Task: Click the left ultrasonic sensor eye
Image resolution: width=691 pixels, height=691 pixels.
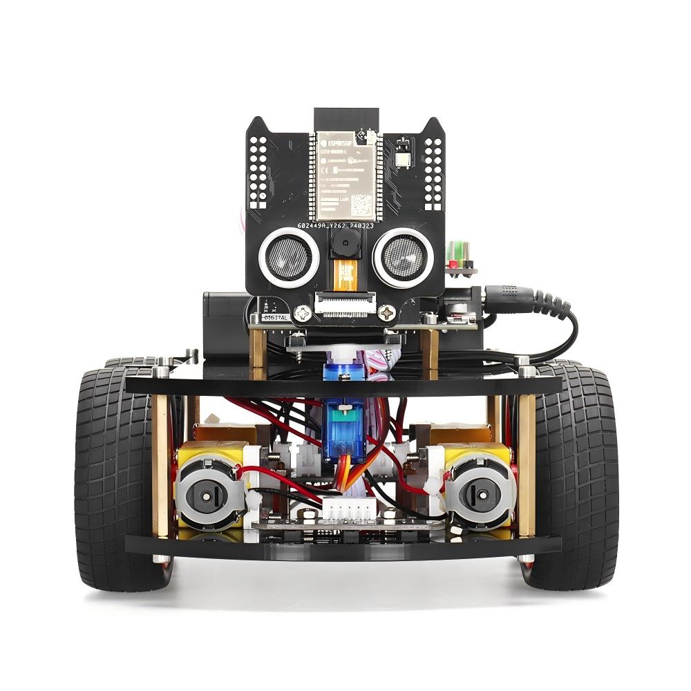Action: [x=289, y=257]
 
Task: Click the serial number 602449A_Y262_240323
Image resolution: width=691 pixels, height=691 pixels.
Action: [x=345, y=226]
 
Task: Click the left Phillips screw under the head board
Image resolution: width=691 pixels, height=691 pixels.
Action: [x=301, y=314]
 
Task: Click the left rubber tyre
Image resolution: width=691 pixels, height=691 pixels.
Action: [x=114, y=477]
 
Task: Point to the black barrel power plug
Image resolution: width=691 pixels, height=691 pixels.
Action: [x=515, y=296]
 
